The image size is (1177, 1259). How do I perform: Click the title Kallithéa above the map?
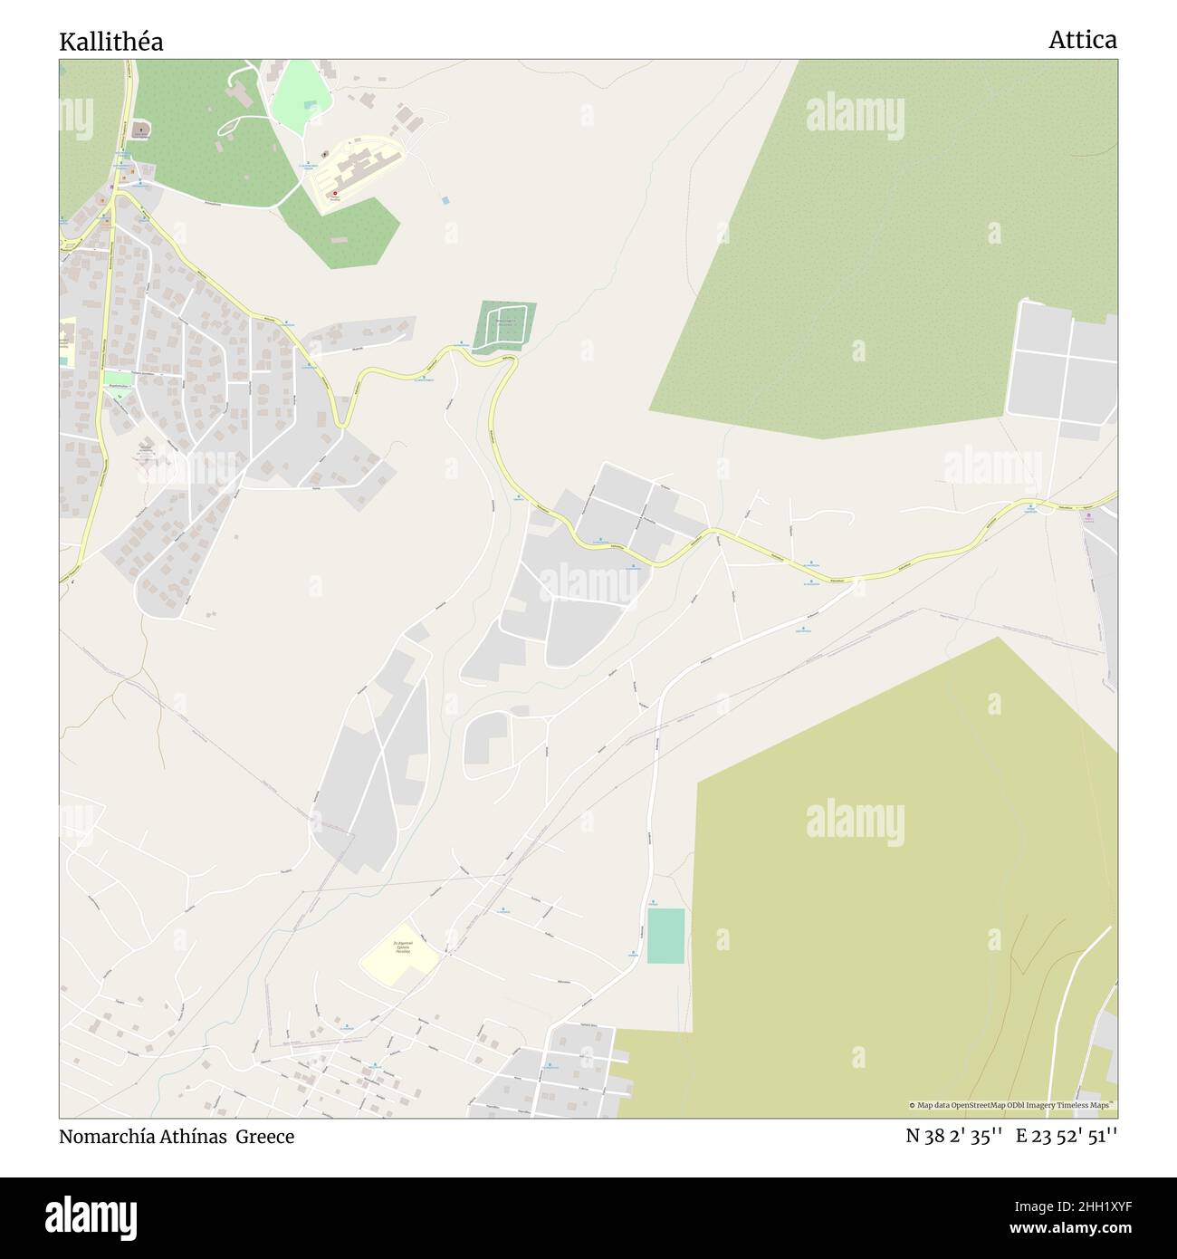(x=111, y=42)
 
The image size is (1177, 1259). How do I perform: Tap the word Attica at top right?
(x=1083, y=40)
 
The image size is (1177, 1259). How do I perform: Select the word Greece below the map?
(x=265, y=1136)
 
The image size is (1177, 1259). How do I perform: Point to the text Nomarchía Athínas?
(x=145, y=1136)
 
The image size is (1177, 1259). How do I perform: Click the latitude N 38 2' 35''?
(x=953, y=1136)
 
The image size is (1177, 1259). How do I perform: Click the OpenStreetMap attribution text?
(x=1011, y=1105)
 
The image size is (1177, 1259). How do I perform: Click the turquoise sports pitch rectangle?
(x=665, y=936)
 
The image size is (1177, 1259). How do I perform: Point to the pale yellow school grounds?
(x=399, y=953)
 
